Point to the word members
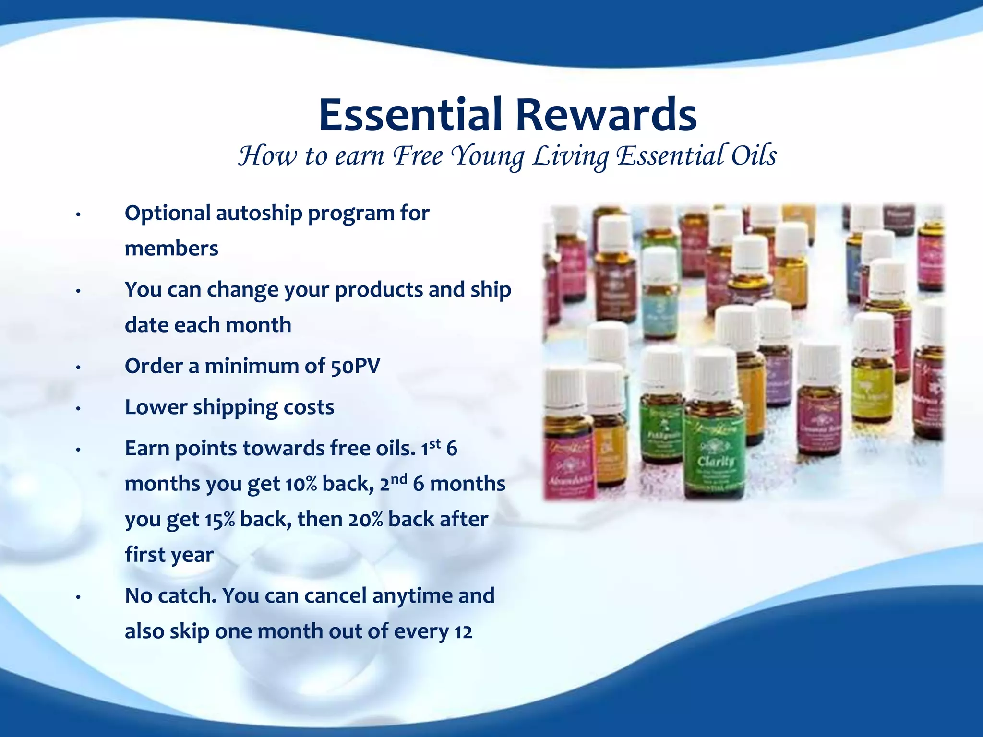(x=171, y=249)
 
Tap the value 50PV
(x=355, y=366)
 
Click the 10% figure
(x=301, y=484)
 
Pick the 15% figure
(x=220, y=520)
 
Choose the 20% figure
(x=366, y=520)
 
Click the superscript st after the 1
(x=435, y=443)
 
